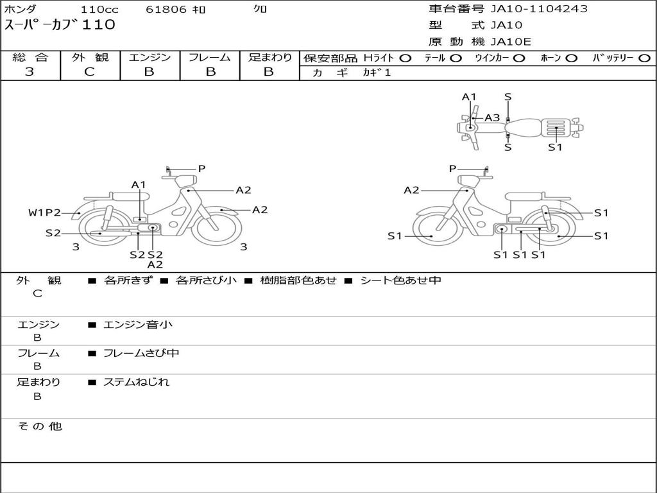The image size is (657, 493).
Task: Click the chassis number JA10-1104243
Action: click(539, 9)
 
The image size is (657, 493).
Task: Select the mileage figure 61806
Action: click(166, 9)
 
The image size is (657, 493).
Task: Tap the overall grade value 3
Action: click(30, 72)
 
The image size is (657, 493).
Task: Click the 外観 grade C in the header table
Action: click(89, 72)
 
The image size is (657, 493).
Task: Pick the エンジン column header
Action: click(149, 57)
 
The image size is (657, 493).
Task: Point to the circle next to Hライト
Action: click(405, 58)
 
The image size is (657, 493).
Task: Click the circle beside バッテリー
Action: click(644, 58)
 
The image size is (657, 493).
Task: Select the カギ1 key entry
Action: click(377, 73)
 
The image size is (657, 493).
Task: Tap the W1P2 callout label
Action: click(44, 212)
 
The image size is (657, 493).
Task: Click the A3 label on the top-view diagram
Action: click(492, 118)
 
